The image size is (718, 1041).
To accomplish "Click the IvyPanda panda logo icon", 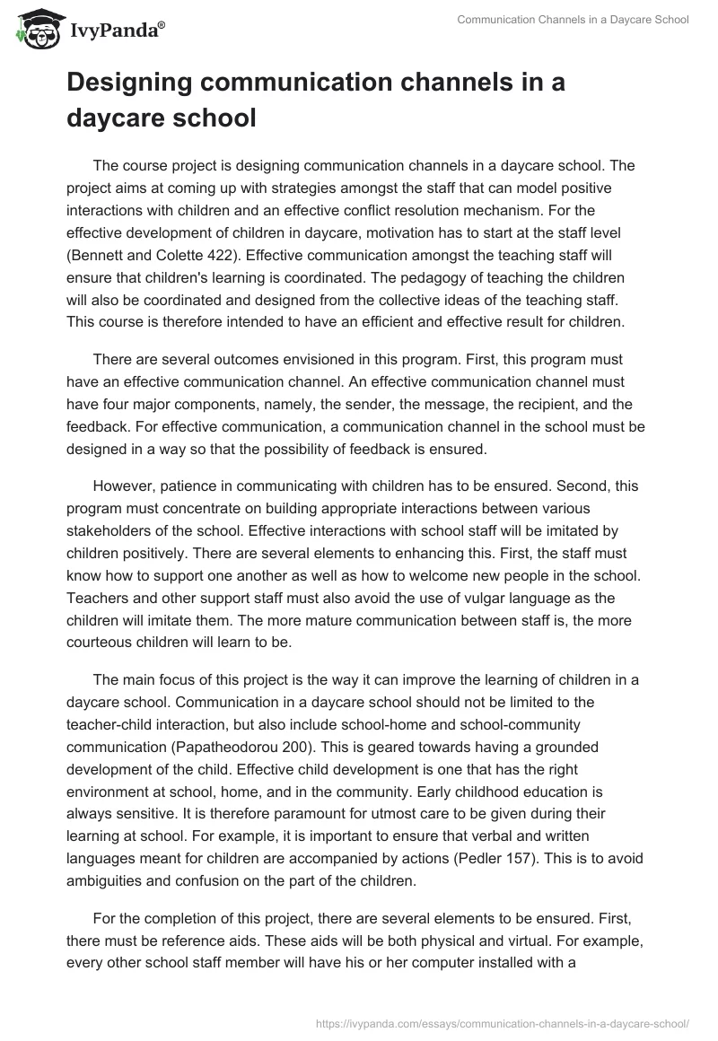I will point(33,30).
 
